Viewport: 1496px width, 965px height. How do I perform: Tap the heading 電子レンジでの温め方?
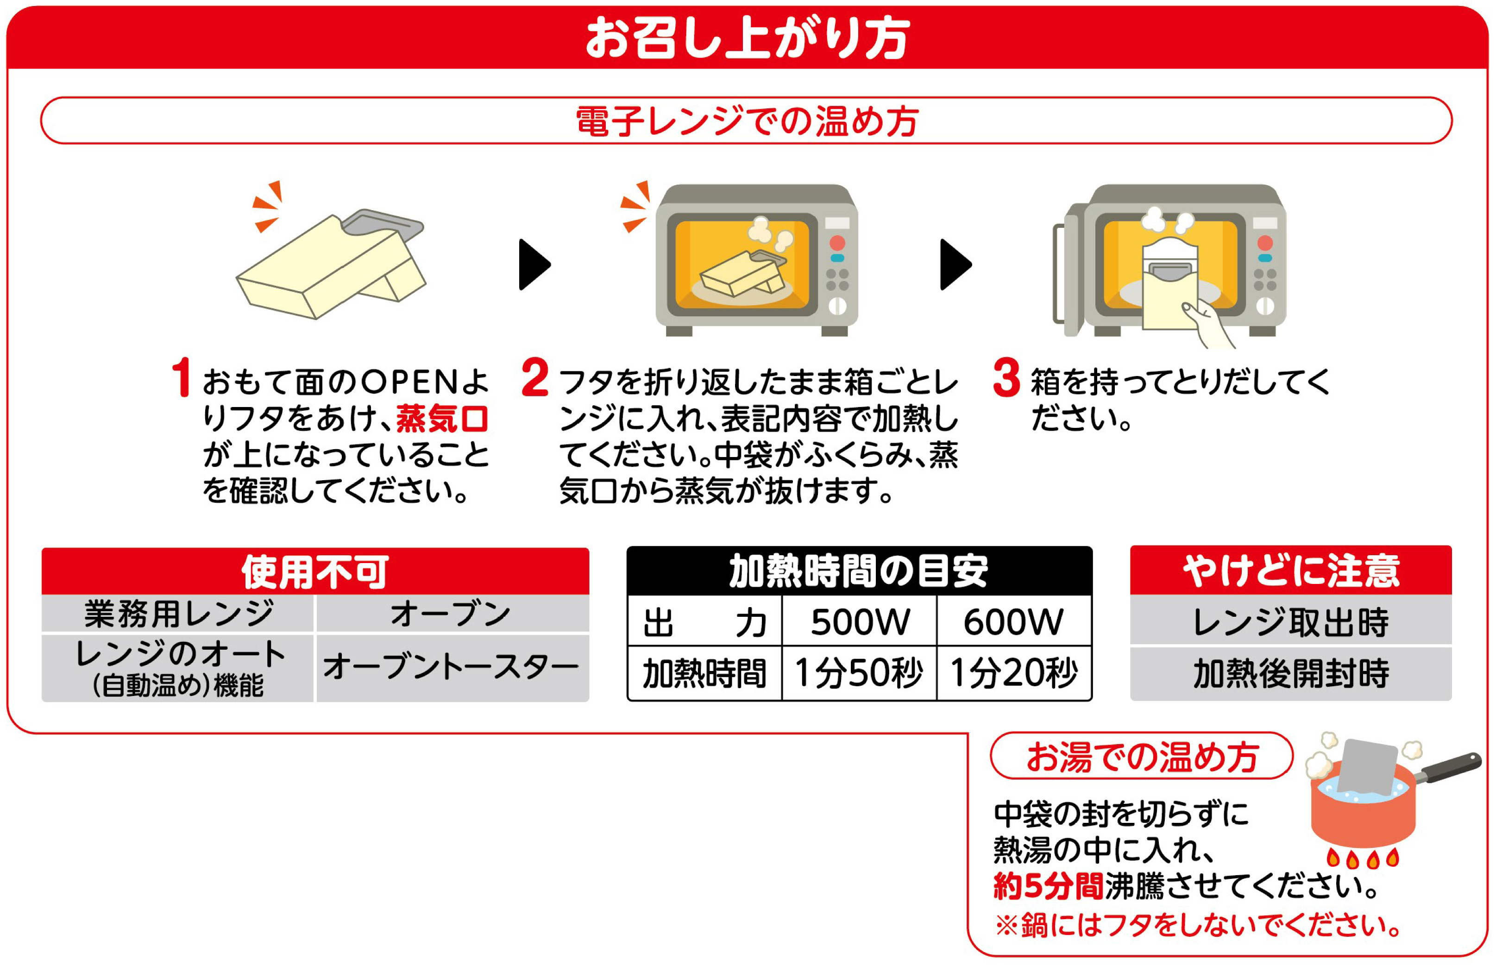tap(747, 121)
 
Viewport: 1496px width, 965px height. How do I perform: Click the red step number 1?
tap(181, 377)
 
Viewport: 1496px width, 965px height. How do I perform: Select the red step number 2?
tap(534, 377)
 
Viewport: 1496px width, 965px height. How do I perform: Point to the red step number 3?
tap(1006, 377)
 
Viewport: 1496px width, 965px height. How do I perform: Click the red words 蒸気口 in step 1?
tap(442, 419)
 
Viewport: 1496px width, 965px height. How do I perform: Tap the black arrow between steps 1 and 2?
tap(534, 264)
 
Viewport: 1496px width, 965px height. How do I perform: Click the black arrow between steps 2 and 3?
tap(955, 264)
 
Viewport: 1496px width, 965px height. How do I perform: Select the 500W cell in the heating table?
tap(860, 621)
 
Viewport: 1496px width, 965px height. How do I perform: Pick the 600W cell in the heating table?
tap(1013, 621)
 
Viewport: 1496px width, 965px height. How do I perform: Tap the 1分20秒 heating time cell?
tap(1014, 673)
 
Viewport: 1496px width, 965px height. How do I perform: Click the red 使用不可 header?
tap(315, 571)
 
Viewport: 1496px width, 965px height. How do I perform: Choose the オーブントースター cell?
tap(451, 667)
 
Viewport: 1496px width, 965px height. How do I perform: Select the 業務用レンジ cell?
tap(179, 614)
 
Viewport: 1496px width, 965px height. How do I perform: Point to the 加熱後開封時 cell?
tap(1290, 674)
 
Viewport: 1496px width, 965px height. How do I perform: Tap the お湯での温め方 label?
tap(1142, 756)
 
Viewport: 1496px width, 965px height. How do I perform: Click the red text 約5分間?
tap(1048, 887)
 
